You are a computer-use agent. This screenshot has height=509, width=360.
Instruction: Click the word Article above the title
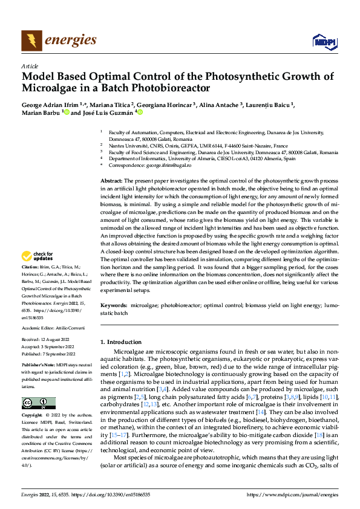(x=29, y=65)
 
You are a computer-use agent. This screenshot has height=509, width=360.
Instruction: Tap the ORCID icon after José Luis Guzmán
(x=140, y=112)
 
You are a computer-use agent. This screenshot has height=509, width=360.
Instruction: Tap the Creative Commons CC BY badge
(x=38, y=403)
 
